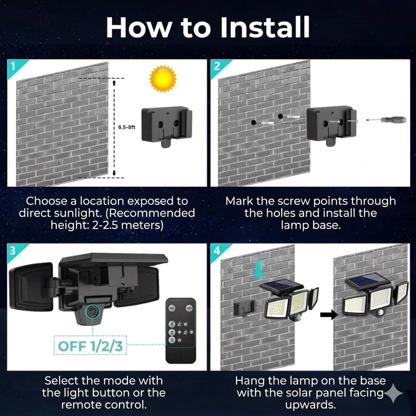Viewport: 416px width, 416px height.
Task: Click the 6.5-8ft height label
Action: click(x=126, y=127)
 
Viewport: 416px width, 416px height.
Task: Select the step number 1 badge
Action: click(x=13, y=66)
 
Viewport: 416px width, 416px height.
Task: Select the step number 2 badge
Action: click(x=217, y=66)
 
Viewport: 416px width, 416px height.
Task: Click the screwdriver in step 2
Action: click(x=386, y=120)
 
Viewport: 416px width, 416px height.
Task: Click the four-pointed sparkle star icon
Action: click(x=393, y=394)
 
